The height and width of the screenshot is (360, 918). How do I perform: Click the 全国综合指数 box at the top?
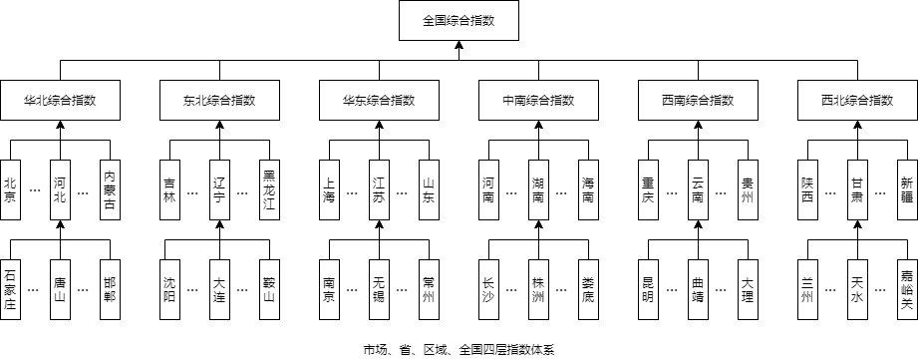tap(459, 21)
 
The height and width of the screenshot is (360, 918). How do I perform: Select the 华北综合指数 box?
tap(60, 100)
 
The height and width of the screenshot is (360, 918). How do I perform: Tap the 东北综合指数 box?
tap(219, 100)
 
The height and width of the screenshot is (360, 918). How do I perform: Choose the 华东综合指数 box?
tap(379, 100)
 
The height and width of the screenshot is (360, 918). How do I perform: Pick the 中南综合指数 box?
tap(538, 100)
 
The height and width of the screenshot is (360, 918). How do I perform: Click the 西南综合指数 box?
tap(698, 100)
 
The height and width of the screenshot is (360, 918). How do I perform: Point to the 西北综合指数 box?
tap(857, 100)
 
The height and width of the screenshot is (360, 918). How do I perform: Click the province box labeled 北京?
tap(11, 189)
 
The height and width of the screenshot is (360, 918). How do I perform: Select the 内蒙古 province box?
tap(110, 189)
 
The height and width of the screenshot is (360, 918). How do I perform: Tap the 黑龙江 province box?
tap(269, 189)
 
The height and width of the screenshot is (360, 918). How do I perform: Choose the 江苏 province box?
tap(379, 189)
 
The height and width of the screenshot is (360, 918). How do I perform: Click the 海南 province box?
tap(588, 189)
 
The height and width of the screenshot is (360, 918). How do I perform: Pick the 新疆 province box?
tap(907, 189)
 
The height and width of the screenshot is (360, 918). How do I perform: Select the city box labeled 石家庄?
tap(11, 289)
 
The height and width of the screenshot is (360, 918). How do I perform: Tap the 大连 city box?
tap(219, 289)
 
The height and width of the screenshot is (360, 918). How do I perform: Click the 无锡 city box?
tap(379, 289)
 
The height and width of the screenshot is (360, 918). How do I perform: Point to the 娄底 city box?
tap(588, 289)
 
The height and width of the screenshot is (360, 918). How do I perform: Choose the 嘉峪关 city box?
tap(907, 289)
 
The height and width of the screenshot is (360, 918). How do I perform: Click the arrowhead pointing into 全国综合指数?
tap(459, 45)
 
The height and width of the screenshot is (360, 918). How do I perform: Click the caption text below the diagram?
tap(459, 350)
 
